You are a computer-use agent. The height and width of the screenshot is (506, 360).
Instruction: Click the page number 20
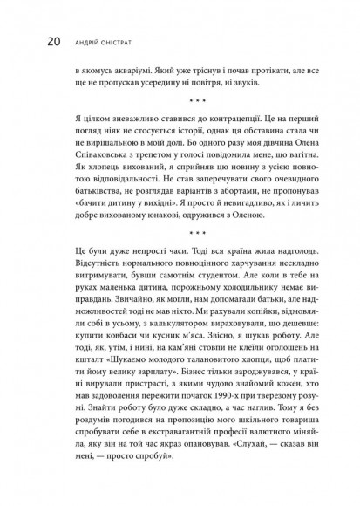tap(29, 40)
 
